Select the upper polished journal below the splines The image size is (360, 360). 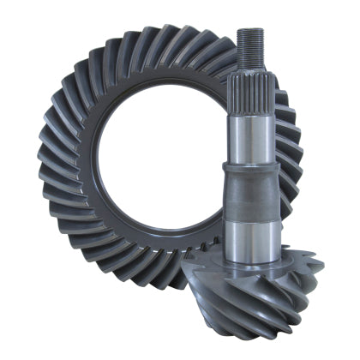pos(250,137)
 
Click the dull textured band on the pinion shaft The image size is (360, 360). pos(250,193)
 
